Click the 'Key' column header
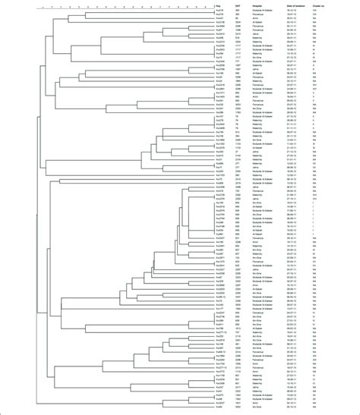218,6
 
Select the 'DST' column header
239,6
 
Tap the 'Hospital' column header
258,6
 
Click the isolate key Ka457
219,18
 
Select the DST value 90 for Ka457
238,18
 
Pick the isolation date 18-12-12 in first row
292,10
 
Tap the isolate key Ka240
219,151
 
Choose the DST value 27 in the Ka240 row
238,151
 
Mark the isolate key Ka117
219,309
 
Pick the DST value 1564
238,309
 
